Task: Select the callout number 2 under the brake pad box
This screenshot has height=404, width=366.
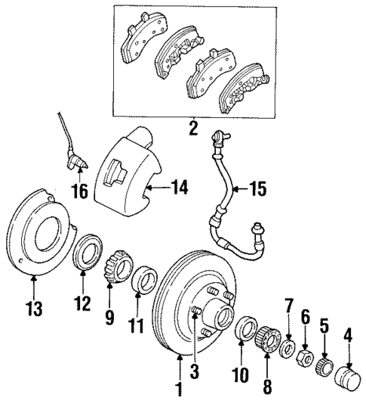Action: click(x=193, y=128)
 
